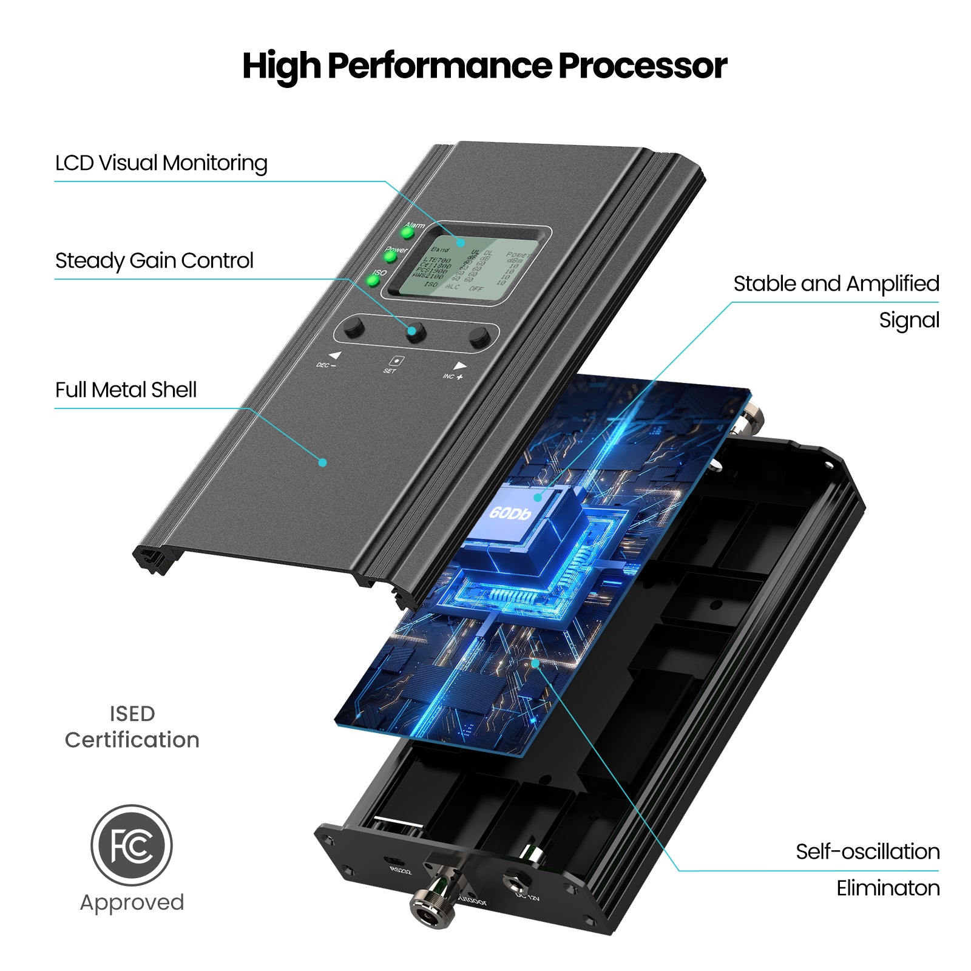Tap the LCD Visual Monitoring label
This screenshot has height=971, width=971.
[161, 163]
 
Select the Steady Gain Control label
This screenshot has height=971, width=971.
[154, 261]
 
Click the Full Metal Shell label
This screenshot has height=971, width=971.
[126, 390]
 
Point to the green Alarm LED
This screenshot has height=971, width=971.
[407, 233]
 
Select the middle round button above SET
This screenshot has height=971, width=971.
[416, 332]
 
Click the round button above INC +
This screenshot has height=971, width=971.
[479, 336]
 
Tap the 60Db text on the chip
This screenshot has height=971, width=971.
[510, 513]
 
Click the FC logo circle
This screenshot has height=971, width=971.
[132, 845]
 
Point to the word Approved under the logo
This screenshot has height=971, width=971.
[132, 902]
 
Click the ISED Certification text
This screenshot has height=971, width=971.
[132, 727]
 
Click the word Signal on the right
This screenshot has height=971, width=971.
[908, 320]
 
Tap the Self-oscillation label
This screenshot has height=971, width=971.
[867, 851]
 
